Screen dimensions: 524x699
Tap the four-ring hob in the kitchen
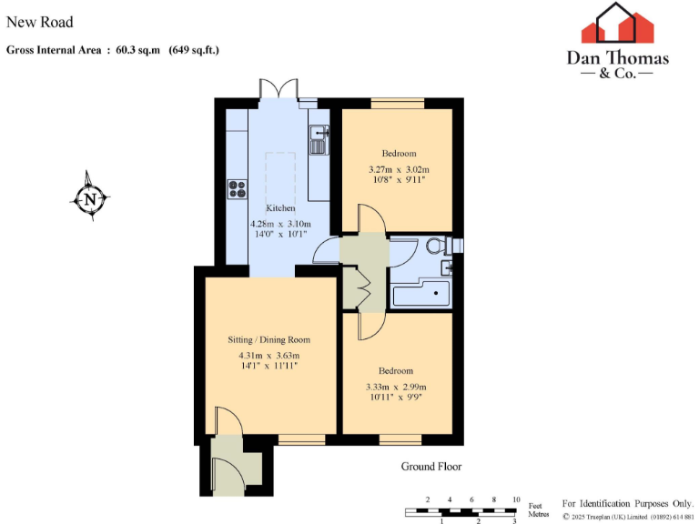pyautogui.click(x=238, y=189)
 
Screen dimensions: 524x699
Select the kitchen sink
pyautogui.click(x=318, y=143)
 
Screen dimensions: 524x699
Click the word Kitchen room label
pyautogui.click(x=280, y=208)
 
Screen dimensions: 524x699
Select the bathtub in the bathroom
pyautogui.click(x=420, y=295)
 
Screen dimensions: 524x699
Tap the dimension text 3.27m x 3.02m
pyautogui.click(x=399, y=169)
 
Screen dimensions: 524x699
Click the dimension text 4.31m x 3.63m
pyautogui.click(x=269, y=355)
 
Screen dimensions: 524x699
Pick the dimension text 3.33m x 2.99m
pyautogui.click(x=396, y=386)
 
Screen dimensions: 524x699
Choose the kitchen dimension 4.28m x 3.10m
pyautogui.click(x=280, y=224)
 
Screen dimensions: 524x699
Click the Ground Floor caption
pyautogui.click(x=431, y=467)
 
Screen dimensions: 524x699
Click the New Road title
pyautogui.click(x=40, y=22)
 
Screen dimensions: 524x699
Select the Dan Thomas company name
pyautogui.click(x=618, y=58)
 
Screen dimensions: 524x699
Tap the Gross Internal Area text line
pyautogui.click(x=113, y=50)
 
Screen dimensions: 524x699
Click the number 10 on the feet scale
pyautogui.click(x=516, y=500)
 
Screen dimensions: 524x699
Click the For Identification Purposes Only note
pyautogui.click(x=628, y=503)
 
